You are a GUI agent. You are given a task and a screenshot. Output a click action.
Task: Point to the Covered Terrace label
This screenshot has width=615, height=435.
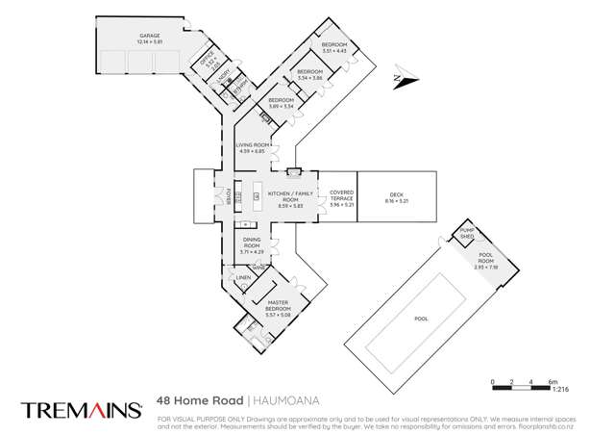(x=341, y=197)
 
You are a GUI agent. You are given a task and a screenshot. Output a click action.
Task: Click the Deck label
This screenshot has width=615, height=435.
(x=395, y=197)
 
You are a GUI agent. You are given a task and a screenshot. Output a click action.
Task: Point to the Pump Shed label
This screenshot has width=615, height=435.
(x=467, y=233)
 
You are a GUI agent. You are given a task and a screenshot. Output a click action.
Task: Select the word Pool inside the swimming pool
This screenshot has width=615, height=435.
(x=421, y=319)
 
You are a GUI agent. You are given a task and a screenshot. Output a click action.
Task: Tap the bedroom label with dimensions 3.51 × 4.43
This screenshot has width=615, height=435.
(x=333, y=47)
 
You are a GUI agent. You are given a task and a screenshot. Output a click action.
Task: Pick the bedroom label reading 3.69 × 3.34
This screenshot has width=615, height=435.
(x=281, y=103)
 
